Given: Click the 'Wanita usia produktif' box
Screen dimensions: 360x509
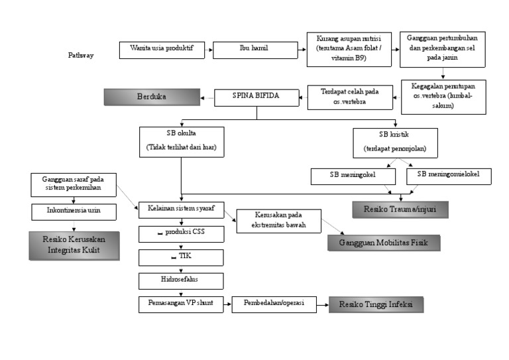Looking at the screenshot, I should [x=162, y=50].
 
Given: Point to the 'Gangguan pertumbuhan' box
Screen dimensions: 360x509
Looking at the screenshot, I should [x=442, y=49].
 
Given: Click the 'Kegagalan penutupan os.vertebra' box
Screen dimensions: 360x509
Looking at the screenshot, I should [x=442, y=95].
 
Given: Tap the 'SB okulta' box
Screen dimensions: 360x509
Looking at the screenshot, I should [x=181, y=141].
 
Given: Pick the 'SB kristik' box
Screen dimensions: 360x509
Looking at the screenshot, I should [x=396, y=141].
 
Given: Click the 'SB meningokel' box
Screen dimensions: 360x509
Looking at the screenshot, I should [x=353, y=176].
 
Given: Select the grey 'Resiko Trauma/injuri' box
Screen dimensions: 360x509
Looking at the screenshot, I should [x=399, y=210].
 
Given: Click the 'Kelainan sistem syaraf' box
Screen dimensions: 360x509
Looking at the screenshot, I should [x=181, y=210].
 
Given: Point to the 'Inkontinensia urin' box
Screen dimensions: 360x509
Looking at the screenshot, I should [x=74, y=211].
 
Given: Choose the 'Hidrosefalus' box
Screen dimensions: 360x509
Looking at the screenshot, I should [x=181, y=281].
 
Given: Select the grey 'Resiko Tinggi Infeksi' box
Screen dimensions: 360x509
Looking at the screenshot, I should [x=376, y=305].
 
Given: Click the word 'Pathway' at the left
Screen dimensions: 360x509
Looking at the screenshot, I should [x=80, y=56].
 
